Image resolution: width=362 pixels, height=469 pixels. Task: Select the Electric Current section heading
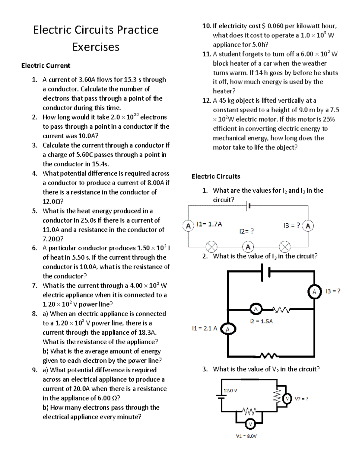46,66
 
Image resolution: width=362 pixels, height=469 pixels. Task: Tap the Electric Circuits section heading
216,176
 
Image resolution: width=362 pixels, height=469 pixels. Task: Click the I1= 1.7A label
209,224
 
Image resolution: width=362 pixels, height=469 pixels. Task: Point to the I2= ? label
246,231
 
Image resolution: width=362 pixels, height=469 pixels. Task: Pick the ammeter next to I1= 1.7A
188,226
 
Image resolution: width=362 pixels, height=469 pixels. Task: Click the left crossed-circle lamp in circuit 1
211,247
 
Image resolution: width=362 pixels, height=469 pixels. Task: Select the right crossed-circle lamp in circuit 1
284,247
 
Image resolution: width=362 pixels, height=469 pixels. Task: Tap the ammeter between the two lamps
248,247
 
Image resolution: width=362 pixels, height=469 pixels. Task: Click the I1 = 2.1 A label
204,328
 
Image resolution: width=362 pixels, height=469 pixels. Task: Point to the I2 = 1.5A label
261,321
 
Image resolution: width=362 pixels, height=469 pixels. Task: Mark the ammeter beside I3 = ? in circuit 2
314,292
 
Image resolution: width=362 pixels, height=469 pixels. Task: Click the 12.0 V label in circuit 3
230,390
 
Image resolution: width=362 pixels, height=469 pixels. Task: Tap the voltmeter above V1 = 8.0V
250,424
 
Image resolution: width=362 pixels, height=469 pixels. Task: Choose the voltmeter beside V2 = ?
287,399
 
